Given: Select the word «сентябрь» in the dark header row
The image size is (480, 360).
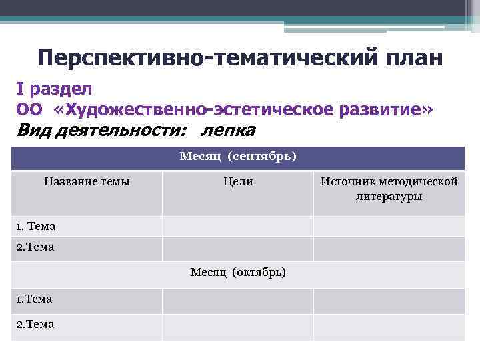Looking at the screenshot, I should tap(261, 157).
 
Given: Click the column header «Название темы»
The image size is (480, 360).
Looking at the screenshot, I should tap(87, 181).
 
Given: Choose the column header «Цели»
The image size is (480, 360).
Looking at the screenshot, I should tap(238, 181).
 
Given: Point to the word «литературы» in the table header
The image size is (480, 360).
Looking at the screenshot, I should tap(389, 197).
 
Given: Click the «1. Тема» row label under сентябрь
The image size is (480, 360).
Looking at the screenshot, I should tap(36, 227).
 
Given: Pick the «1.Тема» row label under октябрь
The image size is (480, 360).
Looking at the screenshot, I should tap(34, 299).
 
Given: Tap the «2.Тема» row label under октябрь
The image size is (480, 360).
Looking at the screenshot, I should tap(35, 325).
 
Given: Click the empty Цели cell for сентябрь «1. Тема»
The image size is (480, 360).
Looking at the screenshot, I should tap(237, 227).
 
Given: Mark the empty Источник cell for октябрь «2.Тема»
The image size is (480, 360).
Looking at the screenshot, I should tap(389, 326).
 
